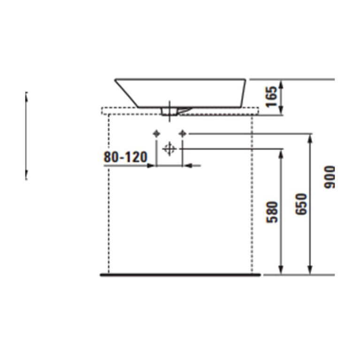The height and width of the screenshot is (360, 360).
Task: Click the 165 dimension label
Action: (x=271, y=96)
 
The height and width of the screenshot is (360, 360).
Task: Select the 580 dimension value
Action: (x=272, y=212)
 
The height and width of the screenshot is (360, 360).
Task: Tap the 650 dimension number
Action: (x=301, y=204)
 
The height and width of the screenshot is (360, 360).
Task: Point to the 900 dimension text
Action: (x=329, y=177)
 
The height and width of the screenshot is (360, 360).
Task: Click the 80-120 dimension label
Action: (x=126, y=157)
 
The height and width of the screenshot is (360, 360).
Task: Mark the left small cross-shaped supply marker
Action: (x=157, y=134)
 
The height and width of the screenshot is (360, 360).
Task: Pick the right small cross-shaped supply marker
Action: (x=183, y=134)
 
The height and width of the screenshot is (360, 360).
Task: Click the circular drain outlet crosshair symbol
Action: (x=169, y=149)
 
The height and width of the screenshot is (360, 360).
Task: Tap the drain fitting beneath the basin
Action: (x=169, y=111)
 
